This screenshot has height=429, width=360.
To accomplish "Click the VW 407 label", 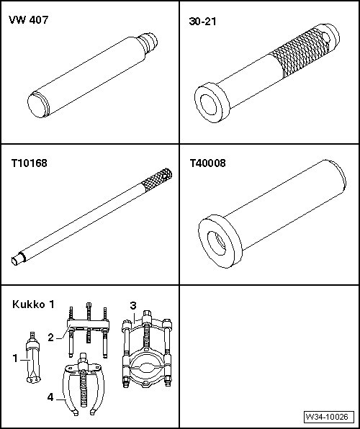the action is coord(29,20).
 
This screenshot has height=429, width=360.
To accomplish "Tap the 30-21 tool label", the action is coord(202,21).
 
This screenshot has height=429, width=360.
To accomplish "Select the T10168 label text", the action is coord(29,163).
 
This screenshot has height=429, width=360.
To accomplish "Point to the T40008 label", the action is coord(208,163).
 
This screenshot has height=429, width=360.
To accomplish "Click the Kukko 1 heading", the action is coord(33,304).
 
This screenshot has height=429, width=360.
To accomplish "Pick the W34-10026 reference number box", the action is coord(327,417).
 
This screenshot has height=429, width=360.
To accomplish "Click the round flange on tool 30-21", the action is coord(212,102).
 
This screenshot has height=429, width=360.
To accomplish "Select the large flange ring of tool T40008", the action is coord(220,241).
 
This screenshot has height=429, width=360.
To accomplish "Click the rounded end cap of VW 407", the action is coord(37,105).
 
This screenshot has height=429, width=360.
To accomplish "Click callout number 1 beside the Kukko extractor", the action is coord(15,358).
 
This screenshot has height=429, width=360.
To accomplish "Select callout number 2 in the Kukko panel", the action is coord(50,338).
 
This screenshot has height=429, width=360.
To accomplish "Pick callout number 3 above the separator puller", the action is coord(133,306).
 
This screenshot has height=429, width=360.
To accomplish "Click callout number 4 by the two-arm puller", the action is coord(50,397).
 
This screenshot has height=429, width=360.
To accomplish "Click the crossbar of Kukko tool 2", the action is coord(88,325).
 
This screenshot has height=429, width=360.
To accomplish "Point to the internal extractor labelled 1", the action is coord(33,358).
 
